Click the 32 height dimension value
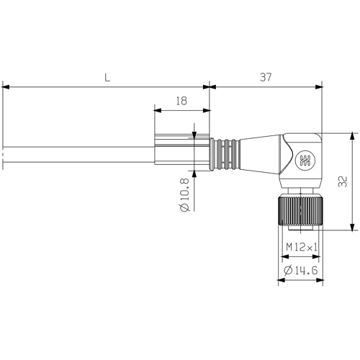pos(343,181)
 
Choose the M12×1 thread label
pos(302,247)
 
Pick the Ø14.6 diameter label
pos(302,270)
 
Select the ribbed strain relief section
pos(225,153)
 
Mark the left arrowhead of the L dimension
pos(6,87)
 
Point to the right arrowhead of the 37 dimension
pos(319,87)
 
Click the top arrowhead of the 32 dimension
pos(353,135)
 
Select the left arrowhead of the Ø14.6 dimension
pos(280,280)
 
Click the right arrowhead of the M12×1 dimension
pos(318,257)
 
